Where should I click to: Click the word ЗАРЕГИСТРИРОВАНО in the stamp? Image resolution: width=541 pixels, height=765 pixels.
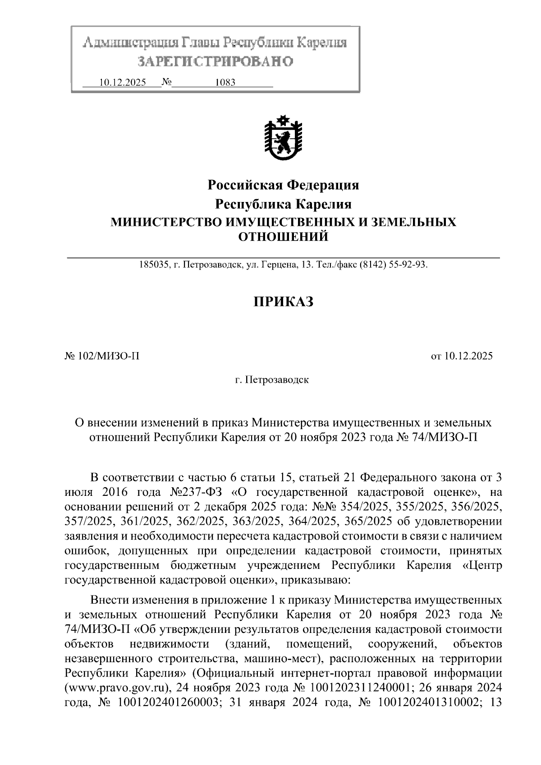click(215, 61)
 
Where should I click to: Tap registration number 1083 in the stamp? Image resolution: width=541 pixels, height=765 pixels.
click(225, 82)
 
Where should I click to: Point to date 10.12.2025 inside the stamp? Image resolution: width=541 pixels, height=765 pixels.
click(122, 82)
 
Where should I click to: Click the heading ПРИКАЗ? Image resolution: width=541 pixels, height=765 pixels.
click(283, 302)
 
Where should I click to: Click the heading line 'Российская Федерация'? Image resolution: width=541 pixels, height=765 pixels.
click(283, 185)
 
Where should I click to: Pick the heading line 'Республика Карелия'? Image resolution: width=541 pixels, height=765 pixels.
click(283, 204)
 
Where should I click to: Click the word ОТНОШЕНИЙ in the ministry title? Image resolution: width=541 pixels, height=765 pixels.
click(283, 236)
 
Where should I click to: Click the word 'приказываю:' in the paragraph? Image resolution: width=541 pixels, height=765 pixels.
click(313, 579)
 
